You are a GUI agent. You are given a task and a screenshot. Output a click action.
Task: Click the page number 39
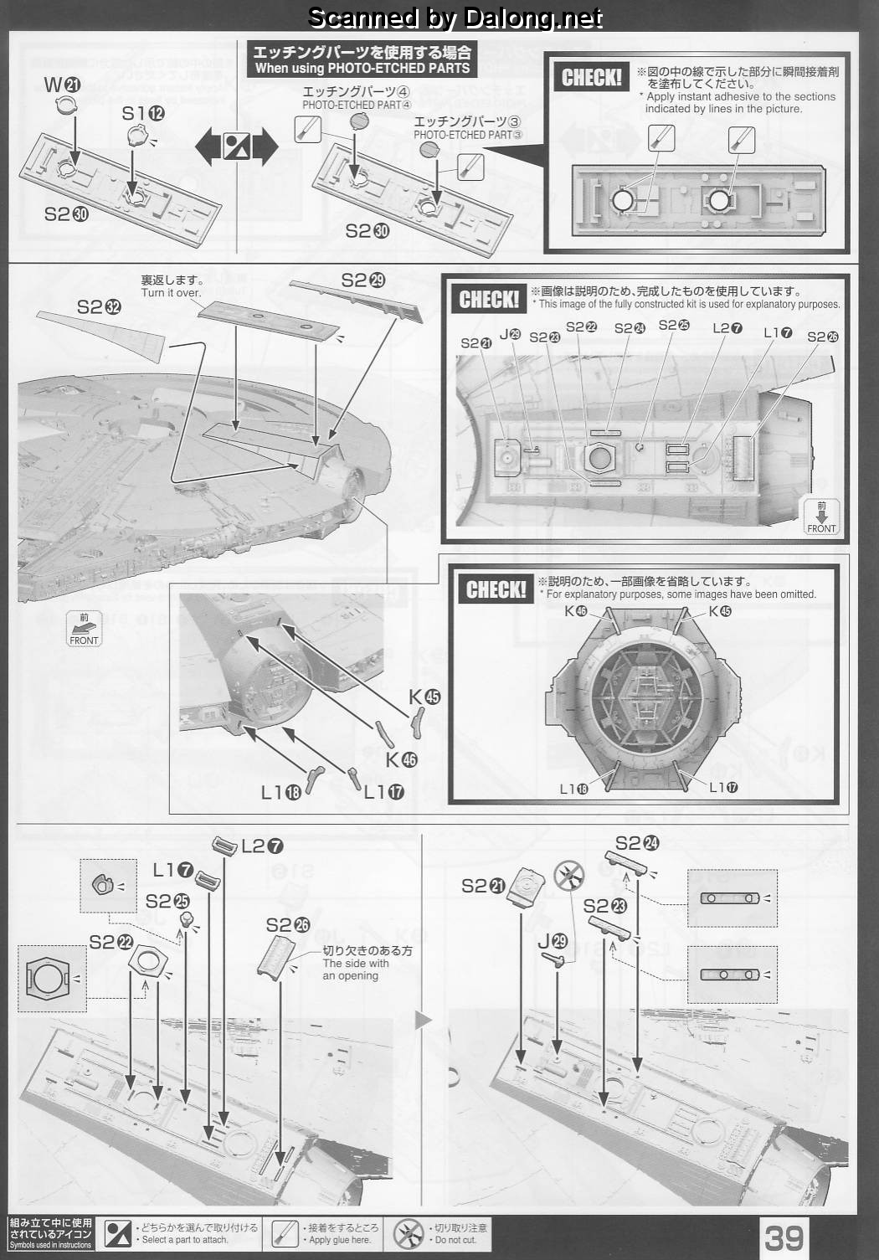[x=784, y=1237]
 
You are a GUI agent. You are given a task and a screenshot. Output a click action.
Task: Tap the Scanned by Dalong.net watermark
[x=455, y=17]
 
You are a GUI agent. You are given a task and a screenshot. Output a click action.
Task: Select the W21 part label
[x=63, y=84]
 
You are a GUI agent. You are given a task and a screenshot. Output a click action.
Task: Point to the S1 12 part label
[x=143, y=113]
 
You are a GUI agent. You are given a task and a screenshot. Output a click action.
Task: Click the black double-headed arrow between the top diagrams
[x=236, y=147]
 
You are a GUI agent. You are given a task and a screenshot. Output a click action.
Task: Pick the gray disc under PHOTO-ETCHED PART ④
[x=359, y=121]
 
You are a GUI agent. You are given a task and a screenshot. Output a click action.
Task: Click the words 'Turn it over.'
[x=171, y=293]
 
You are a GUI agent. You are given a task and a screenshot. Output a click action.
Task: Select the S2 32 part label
[x=99, y=307]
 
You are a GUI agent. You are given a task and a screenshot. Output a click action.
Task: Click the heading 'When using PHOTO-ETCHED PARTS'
[x=362, y=68]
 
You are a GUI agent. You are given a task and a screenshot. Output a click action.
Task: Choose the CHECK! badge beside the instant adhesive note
[x=592, y=78]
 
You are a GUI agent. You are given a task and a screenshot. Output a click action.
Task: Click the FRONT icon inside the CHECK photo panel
[x=820, y=516]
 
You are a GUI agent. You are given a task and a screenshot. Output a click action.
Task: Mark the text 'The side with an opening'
[x=355, y=969]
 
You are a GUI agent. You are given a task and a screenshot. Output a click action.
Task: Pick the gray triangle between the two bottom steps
[x=424, y=1019]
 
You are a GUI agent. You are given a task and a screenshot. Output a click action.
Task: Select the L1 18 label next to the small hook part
[x=280, y=792]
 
